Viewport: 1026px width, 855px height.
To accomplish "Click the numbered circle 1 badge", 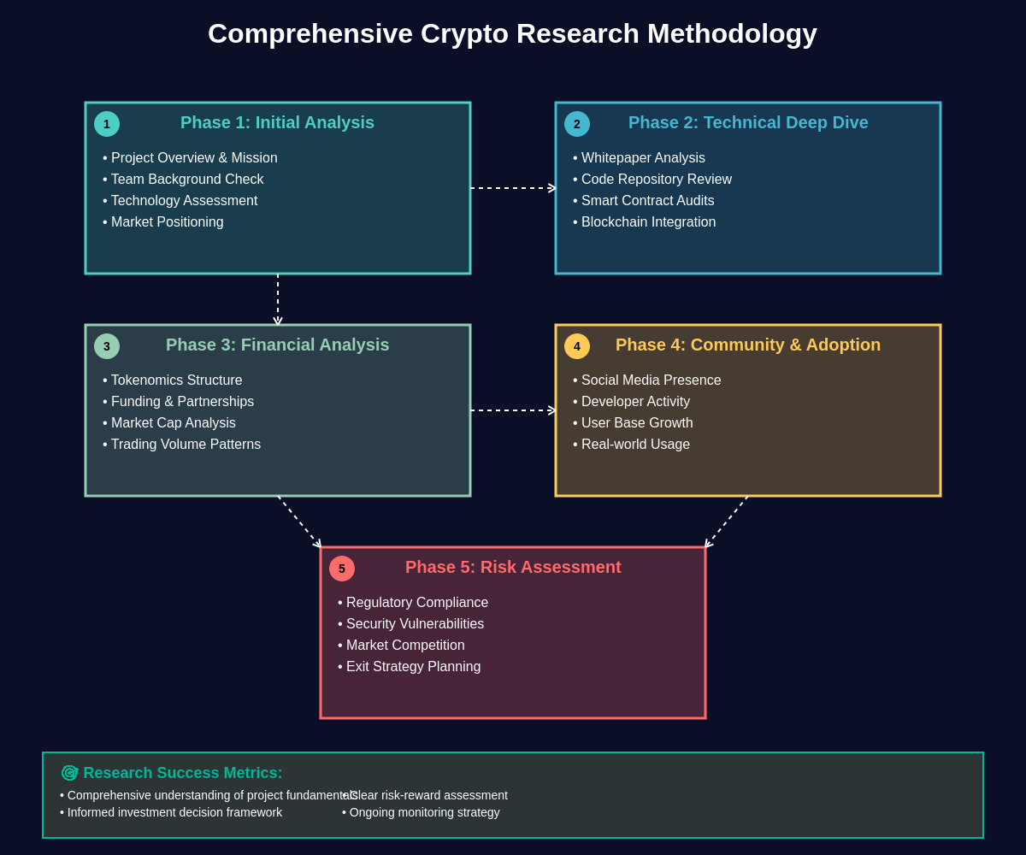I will click(x=107, y=124).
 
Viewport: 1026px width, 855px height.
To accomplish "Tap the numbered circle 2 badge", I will click(x=577, y=124).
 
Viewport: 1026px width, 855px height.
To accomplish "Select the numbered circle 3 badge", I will click(x=107, y=346).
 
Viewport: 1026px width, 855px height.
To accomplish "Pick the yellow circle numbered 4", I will click(x=577, y=346).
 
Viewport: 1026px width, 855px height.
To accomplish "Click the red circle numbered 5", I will click(x=342, y=569).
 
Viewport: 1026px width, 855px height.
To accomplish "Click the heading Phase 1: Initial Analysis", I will click(x=277, y=122).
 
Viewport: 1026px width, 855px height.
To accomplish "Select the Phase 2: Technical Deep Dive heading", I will click(x=748, y=122).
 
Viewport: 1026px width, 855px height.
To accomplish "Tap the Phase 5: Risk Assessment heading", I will click(x=513, y=567).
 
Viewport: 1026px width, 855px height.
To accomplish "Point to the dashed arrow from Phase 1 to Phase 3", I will click(x=278, y=299).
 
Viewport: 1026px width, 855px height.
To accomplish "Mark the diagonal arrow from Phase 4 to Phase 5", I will click(x=727, y=522).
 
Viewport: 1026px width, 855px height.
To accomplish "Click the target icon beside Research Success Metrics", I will click(x=69, y=773).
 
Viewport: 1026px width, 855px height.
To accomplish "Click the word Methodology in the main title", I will click(x=731, y=33).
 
